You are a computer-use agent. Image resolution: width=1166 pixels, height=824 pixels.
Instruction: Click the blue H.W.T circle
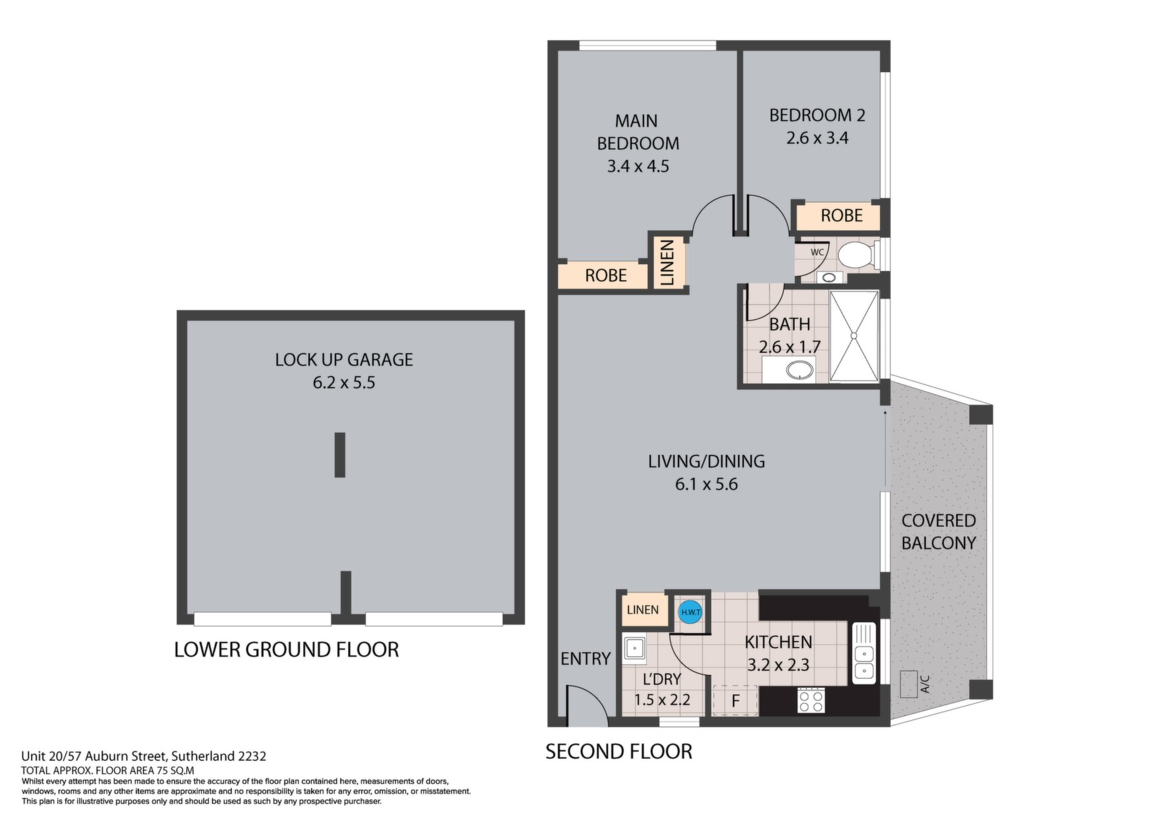pyautogui.click(x=690, y=611)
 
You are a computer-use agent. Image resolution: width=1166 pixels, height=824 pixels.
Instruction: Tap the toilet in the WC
pyautogui.click(x=858, y=254)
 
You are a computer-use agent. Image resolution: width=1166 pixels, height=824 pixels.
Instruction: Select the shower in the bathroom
pyautogui.click(x=854, y=336)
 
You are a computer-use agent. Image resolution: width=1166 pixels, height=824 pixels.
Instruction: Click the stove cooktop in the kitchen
pyautogui.click(x=811, y=701)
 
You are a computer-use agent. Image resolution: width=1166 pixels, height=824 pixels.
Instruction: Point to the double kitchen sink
pyautogui.click(x=864, y=653)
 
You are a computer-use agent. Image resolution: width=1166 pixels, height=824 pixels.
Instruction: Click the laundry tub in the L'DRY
pyautogui.click(x=634, y=648)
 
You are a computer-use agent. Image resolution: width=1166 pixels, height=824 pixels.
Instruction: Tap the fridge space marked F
pyautogui.click(x=735, y=700)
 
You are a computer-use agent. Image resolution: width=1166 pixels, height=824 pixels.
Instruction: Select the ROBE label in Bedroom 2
pyautogui.click(x=842, y=216)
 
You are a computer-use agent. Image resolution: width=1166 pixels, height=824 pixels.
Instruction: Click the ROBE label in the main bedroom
pyautogui.click(x=605, y=276)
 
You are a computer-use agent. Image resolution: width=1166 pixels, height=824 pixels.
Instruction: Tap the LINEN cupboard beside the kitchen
pyautogui.click(x=643, y=610)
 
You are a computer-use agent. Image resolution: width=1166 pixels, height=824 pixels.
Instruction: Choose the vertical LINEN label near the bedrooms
pyautogui.click(x=667, y=262)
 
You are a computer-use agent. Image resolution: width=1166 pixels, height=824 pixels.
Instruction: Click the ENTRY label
pyautogui.click(x=585, y=659)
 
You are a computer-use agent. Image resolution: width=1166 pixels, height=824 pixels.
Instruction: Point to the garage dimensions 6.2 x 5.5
pyautogui.click(x=344, y=383)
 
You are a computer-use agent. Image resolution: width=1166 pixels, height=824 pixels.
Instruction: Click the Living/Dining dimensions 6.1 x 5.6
pyautogui.click(x=706, y=485)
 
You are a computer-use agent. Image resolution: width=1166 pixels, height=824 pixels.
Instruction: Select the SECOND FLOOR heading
pyautogui.click(x=619, y=752)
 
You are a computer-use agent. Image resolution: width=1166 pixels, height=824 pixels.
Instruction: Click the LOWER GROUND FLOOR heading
pyautogui.click(x=287, y=650)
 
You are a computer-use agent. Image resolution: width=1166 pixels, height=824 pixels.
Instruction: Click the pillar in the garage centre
pyautogui.click(x=340, y=455)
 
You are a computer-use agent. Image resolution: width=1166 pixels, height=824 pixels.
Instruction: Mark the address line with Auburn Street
pyautogui.click(x=144, y=757)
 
